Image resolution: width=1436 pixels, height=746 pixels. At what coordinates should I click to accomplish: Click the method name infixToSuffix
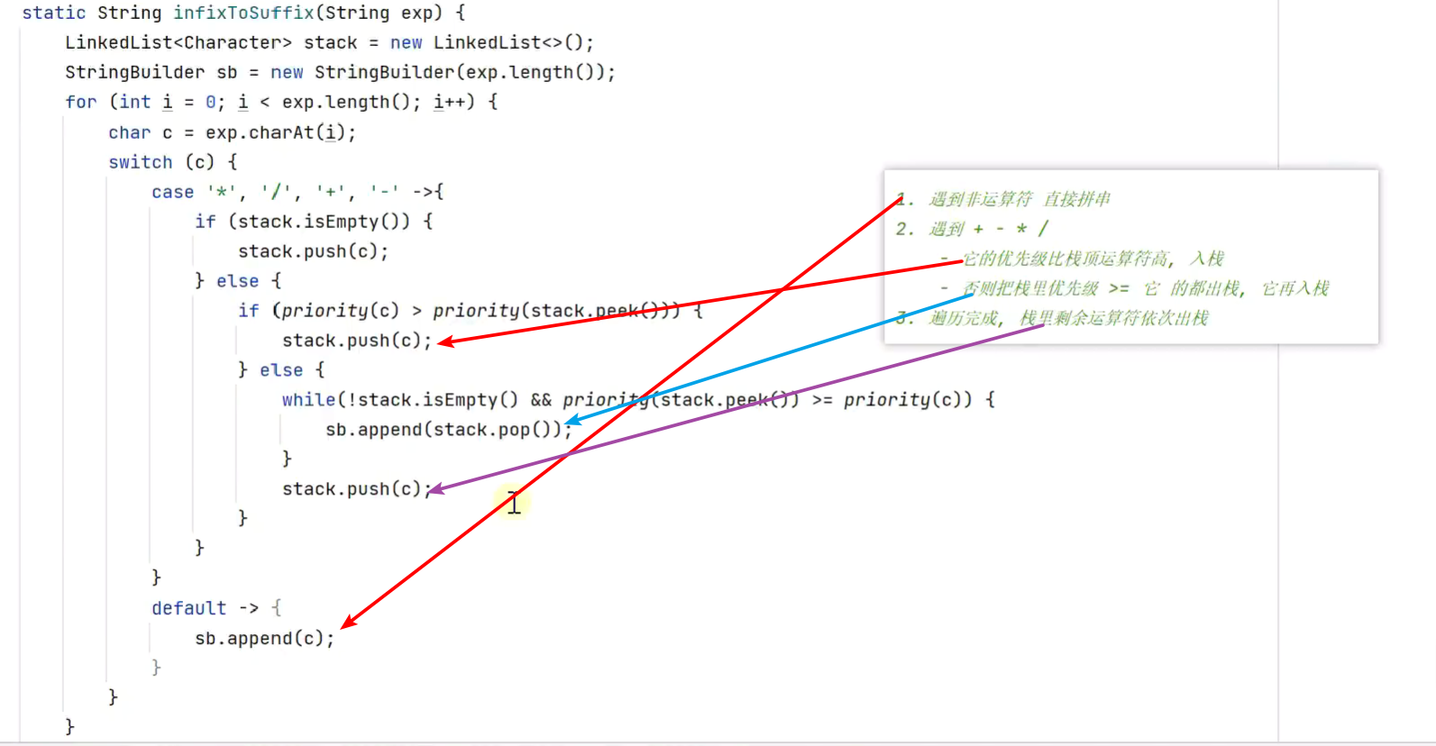coord(239,14)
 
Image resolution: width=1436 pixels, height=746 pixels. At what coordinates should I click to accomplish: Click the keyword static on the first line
coord(54,14)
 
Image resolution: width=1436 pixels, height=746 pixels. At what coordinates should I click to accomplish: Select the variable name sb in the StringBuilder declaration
coord(227,73)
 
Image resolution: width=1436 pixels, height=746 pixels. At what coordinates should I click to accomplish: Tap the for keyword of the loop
coord(80,103)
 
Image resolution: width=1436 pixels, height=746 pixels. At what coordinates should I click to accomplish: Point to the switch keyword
coord(140,163)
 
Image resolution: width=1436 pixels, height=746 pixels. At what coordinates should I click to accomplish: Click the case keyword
coord(172,193)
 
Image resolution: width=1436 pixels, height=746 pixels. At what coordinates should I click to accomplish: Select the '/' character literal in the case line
coord(276,193)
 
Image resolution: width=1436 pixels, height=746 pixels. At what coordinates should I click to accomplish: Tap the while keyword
coord(308,400)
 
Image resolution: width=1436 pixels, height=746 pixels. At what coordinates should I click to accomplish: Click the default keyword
coord(188,609)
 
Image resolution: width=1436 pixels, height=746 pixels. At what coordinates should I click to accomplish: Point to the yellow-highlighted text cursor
coord(513,504)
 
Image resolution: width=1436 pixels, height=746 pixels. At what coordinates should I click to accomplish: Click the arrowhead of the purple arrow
coord(434,490)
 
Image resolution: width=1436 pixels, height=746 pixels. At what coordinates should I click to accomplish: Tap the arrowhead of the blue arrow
coord(571,421)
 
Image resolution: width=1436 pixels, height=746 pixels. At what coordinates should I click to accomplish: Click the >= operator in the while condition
coord(822,400)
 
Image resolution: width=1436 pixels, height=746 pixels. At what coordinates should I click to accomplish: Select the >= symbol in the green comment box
coord(1119,289)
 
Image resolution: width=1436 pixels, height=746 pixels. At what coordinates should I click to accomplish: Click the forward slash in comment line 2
coord(1043,229)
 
